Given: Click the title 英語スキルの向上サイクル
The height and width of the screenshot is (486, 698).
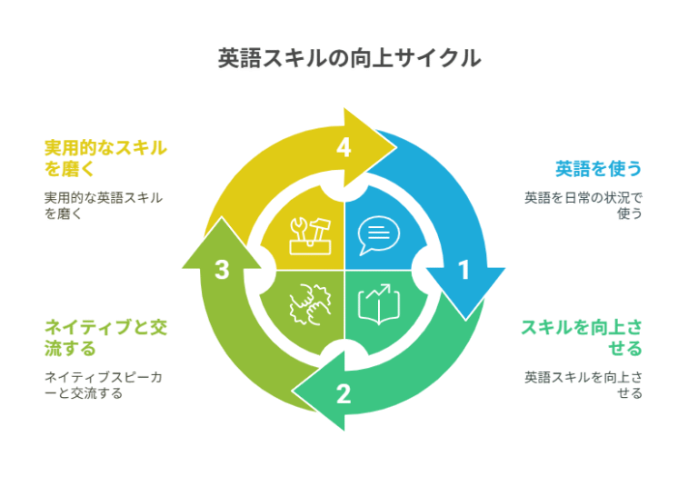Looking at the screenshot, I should [x=349, y=59].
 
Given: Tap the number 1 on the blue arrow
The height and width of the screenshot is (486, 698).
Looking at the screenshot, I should [x=464, y=270].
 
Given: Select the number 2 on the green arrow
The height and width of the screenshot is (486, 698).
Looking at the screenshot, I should [x=343, y=393].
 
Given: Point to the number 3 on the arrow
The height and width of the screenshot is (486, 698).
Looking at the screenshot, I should [x=222, y=270].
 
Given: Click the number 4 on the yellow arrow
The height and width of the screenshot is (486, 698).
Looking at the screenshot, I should [x=344, y=147].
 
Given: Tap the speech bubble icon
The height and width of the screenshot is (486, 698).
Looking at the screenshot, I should [x=378, y=234].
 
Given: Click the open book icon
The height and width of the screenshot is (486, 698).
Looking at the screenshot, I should [x=379, y=305].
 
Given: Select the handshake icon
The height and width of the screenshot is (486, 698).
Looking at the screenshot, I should [x=307, y=305].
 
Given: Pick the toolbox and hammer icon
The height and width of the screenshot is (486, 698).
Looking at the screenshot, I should [x=309, y=234].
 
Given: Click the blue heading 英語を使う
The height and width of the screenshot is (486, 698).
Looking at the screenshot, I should [x=598, y=168].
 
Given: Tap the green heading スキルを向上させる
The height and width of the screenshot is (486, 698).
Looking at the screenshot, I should [x=581, y=337].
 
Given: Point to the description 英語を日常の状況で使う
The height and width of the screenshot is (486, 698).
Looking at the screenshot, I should [x=583, y=204].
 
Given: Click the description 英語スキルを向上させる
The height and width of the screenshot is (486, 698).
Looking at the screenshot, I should [x=583, y=384].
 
